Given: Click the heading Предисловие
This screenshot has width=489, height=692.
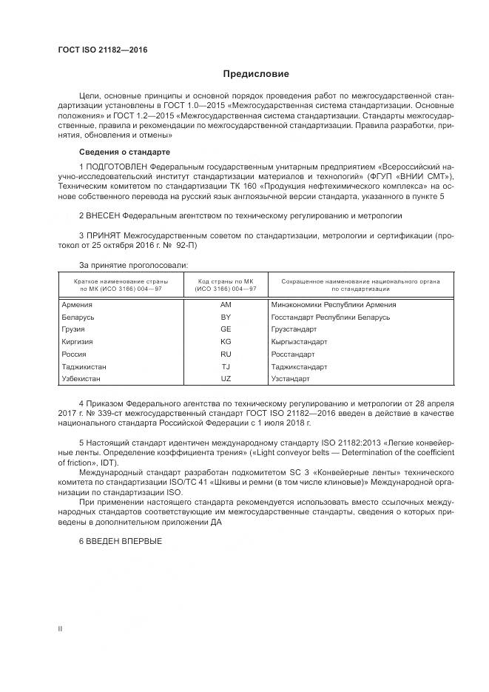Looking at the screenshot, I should [257, 74].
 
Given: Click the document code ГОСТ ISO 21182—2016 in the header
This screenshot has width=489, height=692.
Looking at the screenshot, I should [103, 50].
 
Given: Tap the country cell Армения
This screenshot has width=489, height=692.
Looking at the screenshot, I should [78, 304].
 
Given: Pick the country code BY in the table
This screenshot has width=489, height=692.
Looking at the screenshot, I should [226, 317].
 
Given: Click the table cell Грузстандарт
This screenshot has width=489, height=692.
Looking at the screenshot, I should [294, 329].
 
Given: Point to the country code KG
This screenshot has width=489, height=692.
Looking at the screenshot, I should [226, 342].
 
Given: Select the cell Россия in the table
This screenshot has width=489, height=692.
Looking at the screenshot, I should [75, 355].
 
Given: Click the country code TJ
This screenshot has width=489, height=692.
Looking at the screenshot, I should [226, 367].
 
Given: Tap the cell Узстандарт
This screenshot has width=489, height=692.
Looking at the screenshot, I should [290, 379].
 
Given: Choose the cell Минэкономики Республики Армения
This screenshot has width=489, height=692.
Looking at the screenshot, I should [334, 304].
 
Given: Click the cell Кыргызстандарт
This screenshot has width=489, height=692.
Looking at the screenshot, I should [299, 342].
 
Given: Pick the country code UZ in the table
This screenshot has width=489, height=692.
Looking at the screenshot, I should [226, 379].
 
